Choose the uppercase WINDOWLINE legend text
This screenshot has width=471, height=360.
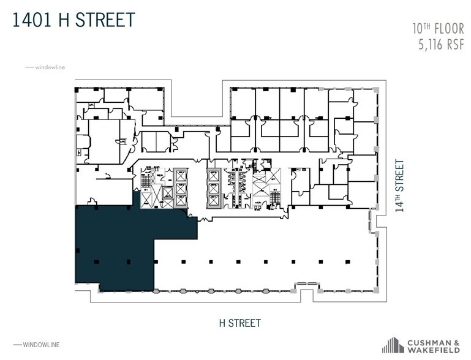[41, 345]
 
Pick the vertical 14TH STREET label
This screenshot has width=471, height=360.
[399, 185]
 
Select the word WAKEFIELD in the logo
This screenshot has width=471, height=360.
[432, 350]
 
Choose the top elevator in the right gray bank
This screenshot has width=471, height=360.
[213, 175]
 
